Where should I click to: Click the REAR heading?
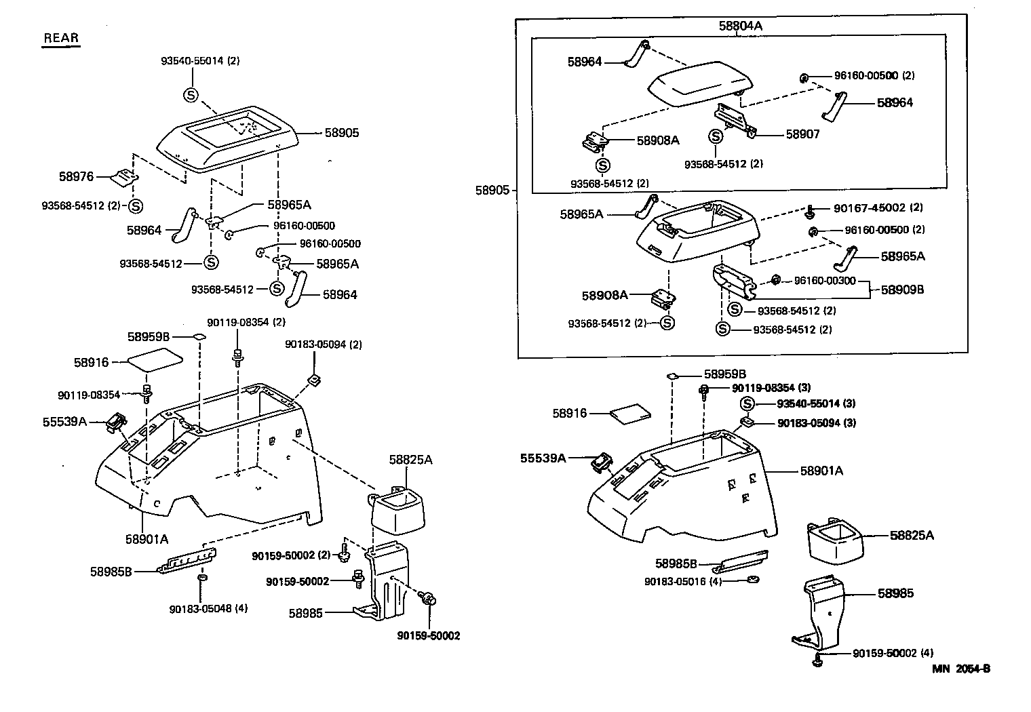point(61,38)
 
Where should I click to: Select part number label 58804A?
point(741,26)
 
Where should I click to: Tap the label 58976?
point(76,177)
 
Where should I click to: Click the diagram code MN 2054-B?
point(961,669)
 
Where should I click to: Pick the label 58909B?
point(902,290)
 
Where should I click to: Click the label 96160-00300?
point(825,280)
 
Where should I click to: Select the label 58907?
point(803,134)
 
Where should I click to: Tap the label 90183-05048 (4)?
point(208,608)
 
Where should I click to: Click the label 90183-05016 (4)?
point(682,581)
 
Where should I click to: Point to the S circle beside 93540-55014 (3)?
point(746,404)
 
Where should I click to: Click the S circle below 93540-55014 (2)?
point(190,95)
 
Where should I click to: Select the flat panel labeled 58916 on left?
point(155,357)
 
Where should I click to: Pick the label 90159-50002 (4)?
point(893,653)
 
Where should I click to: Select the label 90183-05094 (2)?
point(324,344)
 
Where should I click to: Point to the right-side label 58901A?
point(821,471)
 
